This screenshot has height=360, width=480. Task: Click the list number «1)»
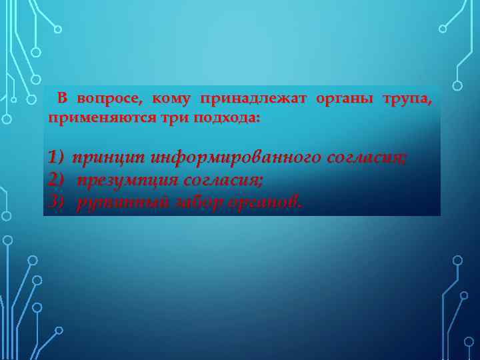pyautogui.click(x=56, y=157)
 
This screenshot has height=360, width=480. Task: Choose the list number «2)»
pyautogui.click(x=56, y=179)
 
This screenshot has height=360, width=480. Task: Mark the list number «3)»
pyautogui.click(x=56, y=201)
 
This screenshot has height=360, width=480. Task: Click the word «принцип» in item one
pyautogui.click(x=109, y=158)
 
